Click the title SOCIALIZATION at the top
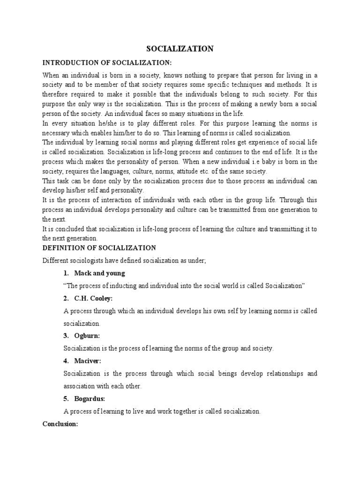click(x=180, y=49)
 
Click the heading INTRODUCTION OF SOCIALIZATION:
click(x=107, y=62)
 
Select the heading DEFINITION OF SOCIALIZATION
click(x=99, y=247)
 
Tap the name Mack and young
click(x=100, y=273)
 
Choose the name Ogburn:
click(x=87, y=336)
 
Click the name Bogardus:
click(x=90, y=398)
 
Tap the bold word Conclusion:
click(x=60, y=424)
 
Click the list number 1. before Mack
click(x=66, y=273)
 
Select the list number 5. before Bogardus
click(x=66, y=398)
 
